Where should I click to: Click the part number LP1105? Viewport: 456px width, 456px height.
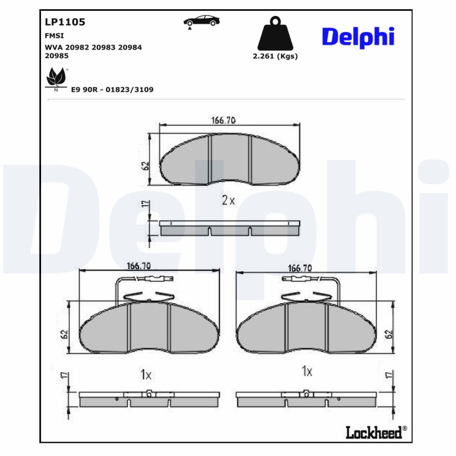(64, 22)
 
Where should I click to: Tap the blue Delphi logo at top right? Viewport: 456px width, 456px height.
(358, 36)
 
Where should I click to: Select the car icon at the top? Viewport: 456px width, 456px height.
(201, 21)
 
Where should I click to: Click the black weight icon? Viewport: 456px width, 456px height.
(275, 34)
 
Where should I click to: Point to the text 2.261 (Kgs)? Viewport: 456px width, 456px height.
(275, 56)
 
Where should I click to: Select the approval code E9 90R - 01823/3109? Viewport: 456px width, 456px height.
(112, 89)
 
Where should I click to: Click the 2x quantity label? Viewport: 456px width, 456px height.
(228, 200)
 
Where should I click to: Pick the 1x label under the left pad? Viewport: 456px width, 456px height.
(146, 374)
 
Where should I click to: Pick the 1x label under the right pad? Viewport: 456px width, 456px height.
(307, 372)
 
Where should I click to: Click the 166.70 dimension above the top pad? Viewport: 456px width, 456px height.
(223, 120)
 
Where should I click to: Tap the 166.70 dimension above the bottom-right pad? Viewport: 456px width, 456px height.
(300, 267)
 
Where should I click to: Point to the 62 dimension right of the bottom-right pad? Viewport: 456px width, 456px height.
(389, 333)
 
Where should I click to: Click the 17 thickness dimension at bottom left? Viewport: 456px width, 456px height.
(63, 376)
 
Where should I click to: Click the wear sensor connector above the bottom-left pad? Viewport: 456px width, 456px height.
(153, 278)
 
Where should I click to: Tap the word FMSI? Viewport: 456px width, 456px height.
(54, 35)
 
